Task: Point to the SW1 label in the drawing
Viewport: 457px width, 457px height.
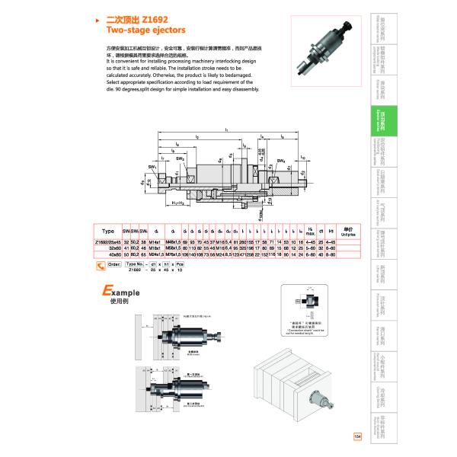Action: pyautogui.click(x=153, y=166)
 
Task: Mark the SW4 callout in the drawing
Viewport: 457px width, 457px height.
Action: pyautogui.click(x=280, y=161)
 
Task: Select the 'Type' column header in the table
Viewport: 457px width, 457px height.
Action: pyautogui.click(x=107, y=231)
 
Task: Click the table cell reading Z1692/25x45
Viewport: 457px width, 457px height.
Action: pyautogui.click(x=107, y=241)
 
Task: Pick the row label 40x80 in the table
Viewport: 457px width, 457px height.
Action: pyautogui.click(x=113, y=255)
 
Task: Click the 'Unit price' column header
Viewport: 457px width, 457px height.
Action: pyautogui.click(x=348, y=231)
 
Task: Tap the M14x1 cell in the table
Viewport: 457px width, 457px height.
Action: pyautogui.click(x=154, y=241)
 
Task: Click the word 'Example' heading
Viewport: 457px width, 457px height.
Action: pyautogui.click(x=121, y=291)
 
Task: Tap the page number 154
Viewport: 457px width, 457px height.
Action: pyautogui.click(x=358, y=436)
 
